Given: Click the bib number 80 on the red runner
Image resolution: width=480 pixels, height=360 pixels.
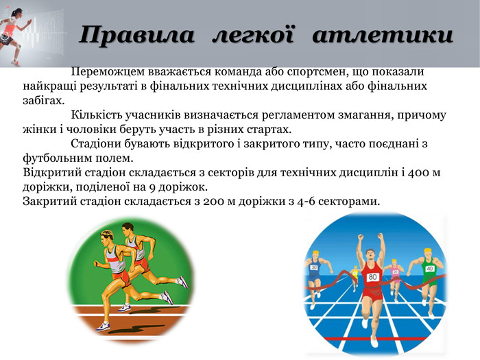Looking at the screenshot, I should pos(372,277).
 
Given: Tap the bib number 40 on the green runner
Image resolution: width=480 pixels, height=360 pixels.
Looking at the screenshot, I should pos(430,269).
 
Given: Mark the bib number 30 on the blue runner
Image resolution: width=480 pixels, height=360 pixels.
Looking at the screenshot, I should pos(315,268).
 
